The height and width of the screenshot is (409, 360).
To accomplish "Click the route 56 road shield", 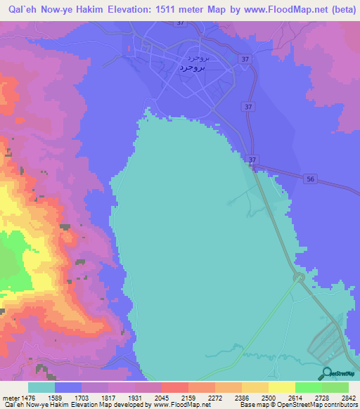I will tap(311, 179).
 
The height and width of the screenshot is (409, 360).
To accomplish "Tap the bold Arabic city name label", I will tap(191, 67).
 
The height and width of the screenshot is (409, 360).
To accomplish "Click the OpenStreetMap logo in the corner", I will tap(327, 374).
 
